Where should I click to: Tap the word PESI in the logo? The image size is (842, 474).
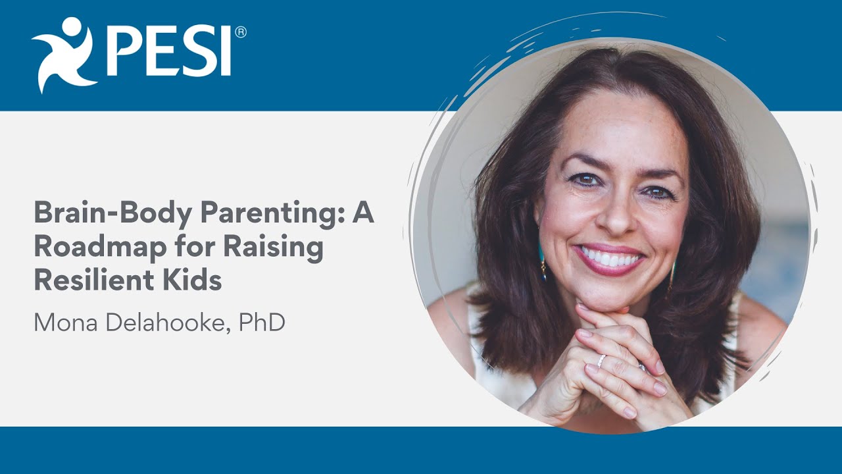click(x=170, y=53)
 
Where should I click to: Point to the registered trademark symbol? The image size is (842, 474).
click(x=241, y=32)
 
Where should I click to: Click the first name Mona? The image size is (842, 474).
click(x=64, y=323)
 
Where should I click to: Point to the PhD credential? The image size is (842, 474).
click(x=262, y=323)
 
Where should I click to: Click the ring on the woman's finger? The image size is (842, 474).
click(x=601, y=361)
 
